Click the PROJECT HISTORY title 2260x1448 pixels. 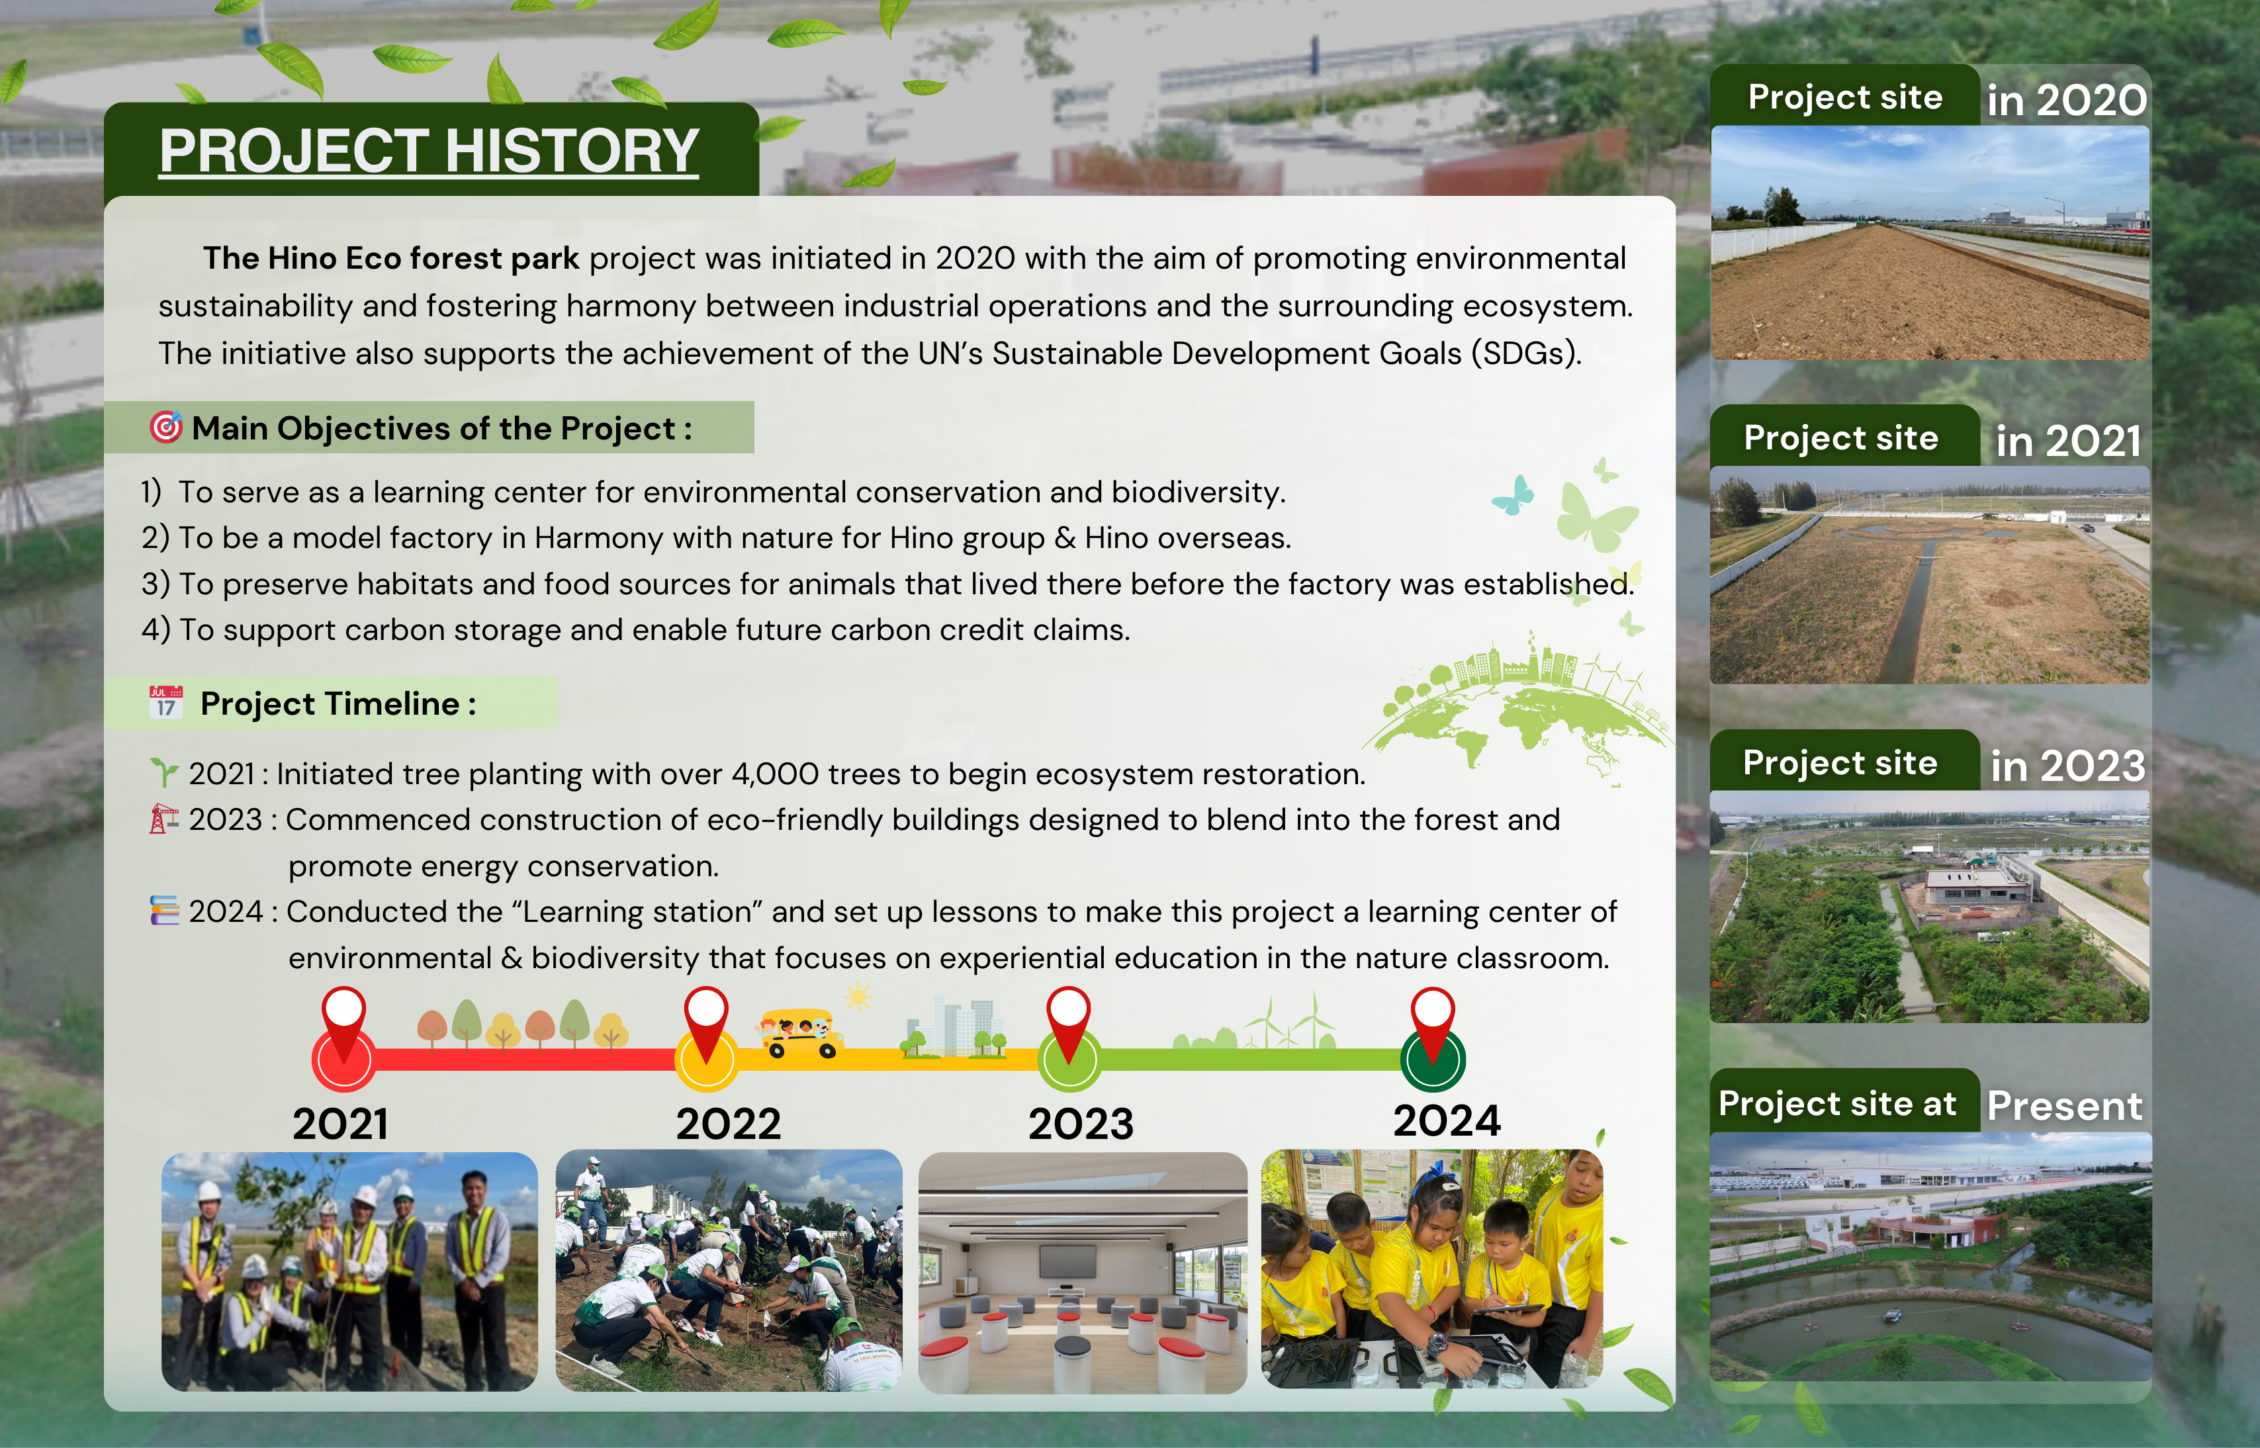pos(429,150)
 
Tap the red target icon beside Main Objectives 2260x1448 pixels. pos(166,427)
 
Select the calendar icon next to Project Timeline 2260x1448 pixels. pos(166,701)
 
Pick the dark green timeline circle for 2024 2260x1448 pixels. pos(1433,1060)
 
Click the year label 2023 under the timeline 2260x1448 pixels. pos(1081,1124)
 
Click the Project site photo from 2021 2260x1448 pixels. pos(1930,574)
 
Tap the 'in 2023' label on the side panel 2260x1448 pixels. pos(2068,766)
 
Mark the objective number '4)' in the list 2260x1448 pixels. pos(156,629)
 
